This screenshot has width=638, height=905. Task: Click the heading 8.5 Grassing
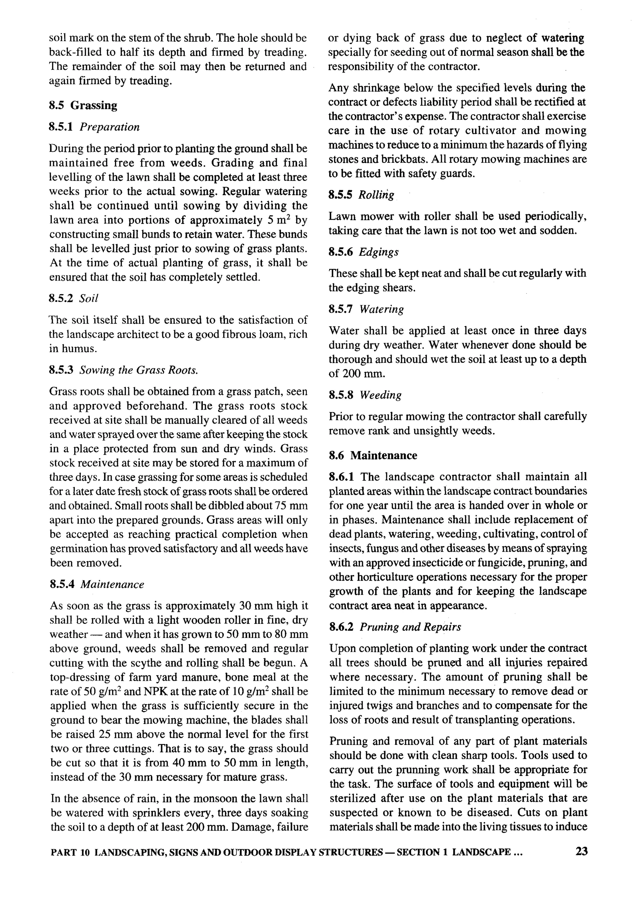[83, 105]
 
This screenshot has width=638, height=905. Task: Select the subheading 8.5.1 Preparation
[94, 127]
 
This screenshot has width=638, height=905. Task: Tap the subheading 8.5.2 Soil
[73, 298]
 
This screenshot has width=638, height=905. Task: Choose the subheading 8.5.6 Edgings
[364, 252]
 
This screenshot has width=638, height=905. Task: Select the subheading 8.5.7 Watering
[366, 309]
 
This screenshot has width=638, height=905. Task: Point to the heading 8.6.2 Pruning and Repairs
[395, 627]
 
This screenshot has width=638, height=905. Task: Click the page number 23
[581, 851]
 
